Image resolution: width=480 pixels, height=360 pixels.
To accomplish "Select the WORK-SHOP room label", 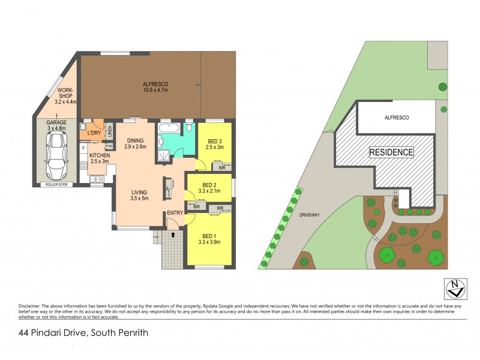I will (x=65, y=96).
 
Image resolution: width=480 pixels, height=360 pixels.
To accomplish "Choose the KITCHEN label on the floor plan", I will (x=99, y=158).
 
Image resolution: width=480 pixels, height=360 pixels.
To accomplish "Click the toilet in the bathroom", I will (x=190, y=127).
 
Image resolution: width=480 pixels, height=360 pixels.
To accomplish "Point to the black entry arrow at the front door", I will (x=174, y=235).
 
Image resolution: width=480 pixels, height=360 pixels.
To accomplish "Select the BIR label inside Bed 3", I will (x=222, y=168).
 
